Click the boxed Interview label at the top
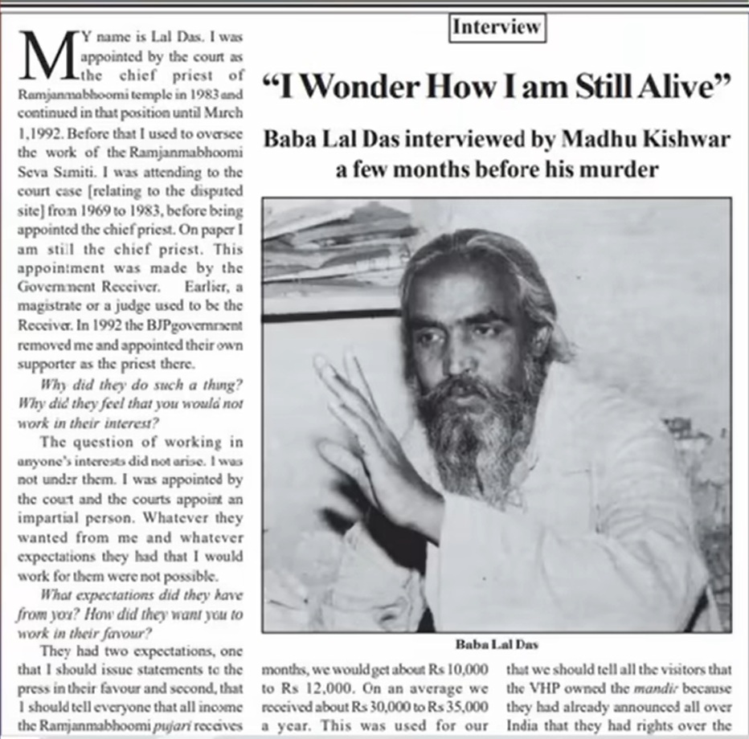[497, 27]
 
